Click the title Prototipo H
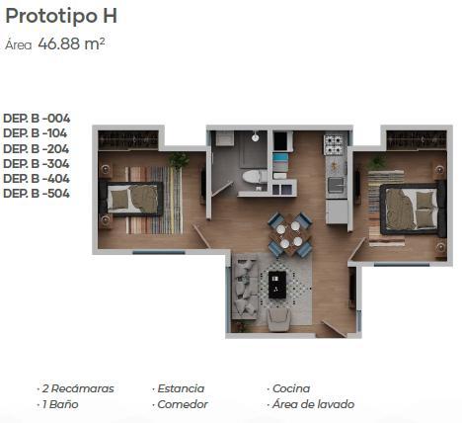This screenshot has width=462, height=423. tap(61, 16)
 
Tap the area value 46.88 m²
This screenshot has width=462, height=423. tap(71, 43)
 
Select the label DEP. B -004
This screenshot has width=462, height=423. tap(37, 118)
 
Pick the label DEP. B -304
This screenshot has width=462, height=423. tap(37, 163)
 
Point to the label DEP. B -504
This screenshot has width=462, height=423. tap(37, 193)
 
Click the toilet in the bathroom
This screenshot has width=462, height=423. tap(255, 177)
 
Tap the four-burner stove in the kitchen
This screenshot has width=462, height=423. tap(334, 144)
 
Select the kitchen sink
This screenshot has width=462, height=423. tap(336, 185)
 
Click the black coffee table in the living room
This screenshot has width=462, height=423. tap(277, 285)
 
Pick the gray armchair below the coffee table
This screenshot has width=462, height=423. tap(278, 319)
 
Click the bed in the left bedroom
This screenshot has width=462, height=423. tap(131, 199)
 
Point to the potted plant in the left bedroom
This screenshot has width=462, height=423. tap(179, 160)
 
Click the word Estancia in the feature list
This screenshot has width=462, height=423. tap(181, 388)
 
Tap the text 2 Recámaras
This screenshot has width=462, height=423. tap(78, 388)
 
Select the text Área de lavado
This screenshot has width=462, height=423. tap(313, 404)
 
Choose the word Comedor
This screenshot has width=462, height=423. tap(183, 404)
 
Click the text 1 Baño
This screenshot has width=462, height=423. tap(60, 404)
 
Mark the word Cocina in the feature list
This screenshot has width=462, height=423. tap(291, 388)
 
